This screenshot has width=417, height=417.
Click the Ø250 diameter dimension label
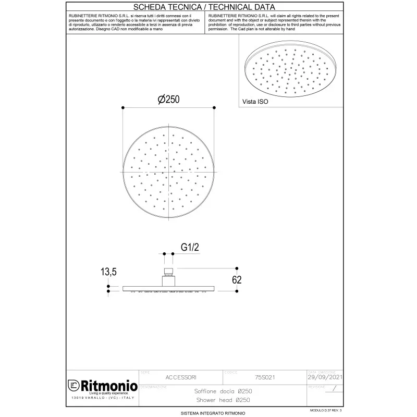coord(168,99)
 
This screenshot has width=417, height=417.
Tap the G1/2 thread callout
coord(190,248)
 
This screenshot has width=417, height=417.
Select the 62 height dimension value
coord(236,280)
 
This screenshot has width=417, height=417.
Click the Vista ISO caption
coord(255,102)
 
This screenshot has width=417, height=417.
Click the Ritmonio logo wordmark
coord(107,386)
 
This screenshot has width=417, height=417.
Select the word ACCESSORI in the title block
coord(181,376)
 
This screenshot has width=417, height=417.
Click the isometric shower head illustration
coord(290,70)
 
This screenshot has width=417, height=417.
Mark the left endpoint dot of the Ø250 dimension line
coord(122,107)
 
